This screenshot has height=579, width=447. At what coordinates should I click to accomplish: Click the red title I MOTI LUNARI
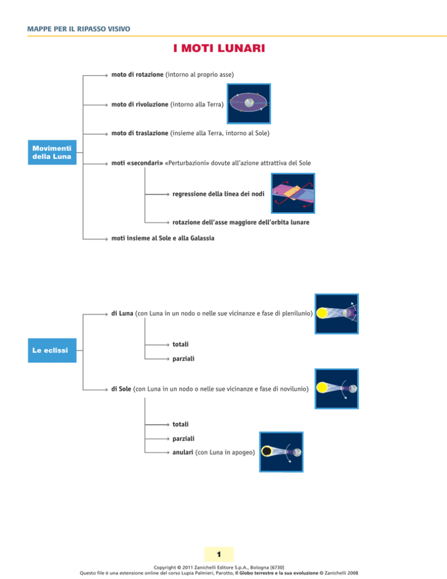pyautogui.click(x=219, y=48)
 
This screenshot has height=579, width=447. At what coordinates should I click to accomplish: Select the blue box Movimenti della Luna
pyautogui.click(x=52, y=152)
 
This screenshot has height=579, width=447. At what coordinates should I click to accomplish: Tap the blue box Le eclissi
pyautogui.click(x=52, y=350)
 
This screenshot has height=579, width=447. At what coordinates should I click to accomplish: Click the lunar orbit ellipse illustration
pyautogui.click(x=249, y=104)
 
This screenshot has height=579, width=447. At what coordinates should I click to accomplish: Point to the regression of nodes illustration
pyautogui.click(x=293, y=193)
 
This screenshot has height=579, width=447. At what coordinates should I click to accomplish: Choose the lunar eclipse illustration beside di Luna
pyautogui.click(x=336, y=314)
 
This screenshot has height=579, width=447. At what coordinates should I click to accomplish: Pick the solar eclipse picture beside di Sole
pyautogui.click(x=336, y=389)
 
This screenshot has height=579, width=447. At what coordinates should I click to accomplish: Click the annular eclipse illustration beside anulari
pyautogui.click(x=281, y=452)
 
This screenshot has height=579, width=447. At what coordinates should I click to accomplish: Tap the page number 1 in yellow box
pyautogui.click(x=219, y=554)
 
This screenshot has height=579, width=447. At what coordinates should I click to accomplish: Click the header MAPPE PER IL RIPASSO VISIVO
pyautogui.click(x=79, y=29)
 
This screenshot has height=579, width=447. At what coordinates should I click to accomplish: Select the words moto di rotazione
pyautogui.click(x=137, y=74)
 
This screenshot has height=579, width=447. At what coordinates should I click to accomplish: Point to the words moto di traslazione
pyautogui.click(x=140, y=133)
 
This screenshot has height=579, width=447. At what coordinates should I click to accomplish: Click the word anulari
pyautogui.click(x=183, y=452)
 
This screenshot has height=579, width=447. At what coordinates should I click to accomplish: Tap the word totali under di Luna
pyautogui.click(x=180, y=344)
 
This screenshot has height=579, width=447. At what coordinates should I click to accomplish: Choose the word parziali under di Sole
pyautogui.click(x=183, y=438)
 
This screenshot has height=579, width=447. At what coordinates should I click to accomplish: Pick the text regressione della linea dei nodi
pyautogui.click(x=218, y=194)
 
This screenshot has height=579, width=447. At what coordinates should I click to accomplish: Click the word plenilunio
pyautogui.click(x=297, y=313)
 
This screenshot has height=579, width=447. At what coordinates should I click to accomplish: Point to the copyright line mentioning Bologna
pyautogui.click(x=219, y=567)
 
